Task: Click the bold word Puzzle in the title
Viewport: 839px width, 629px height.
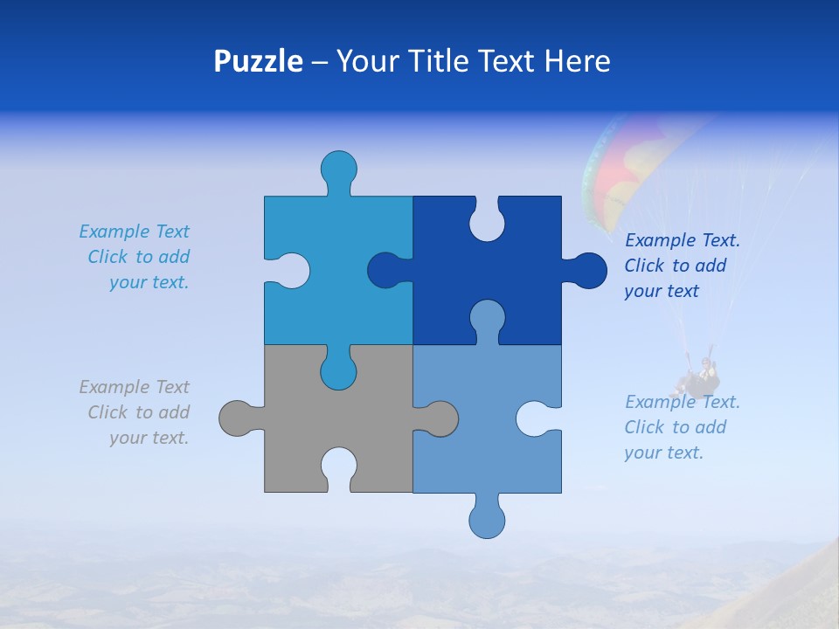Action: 258,61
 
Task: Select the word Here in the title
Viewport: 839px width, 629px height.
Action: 577,61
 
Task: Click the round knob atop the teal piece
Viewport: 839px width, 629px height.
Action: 338,169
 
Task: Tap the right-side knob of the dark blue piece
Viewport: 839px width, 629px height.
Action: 587,271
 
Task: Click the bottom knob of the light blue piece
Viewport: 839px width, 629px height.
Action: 487,519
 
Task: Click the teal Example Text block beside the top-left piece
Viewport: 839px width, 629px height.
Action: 135,257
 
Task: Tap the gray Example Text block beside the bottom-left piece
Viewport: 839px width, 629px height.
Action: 135,412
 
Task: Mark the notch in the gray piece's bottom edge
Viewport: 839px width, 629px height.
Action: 338,467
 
